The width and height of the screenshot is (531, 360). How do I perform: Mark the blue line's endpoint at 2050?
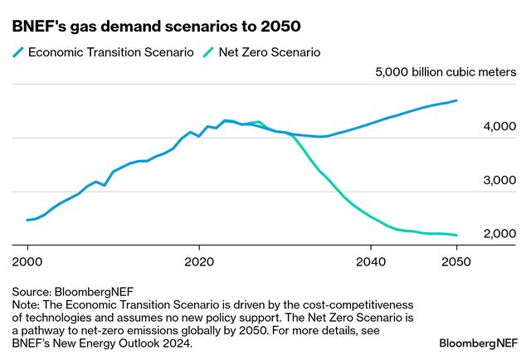point(456,100)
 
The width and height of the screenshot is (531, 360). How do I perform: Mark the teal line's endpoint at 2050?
point(456,236)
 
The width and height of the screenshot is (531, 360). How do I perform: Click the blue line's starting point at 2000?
point(27,220)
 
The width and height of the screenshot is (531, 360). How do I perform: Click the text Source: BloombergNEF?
point(73,292)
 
